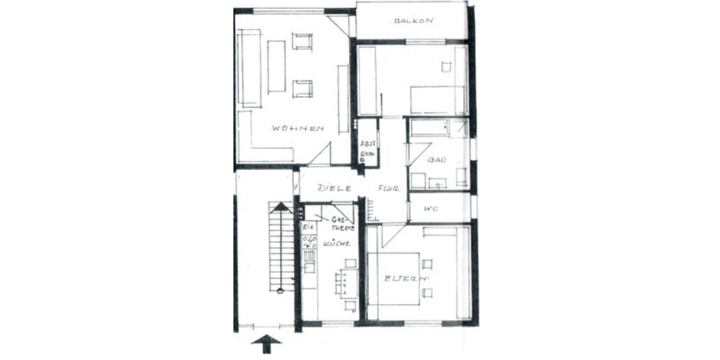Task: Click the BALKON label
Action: [x=413, y=21]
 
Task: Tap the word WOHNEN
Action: [x=298, y=128]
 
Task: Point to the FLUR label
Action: [x=389, y=188]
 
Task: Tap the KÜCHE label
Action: [x=337, y=244]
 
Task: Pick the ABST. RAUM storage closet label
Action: [x=367, y=149]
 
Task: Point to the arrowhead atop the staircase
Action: [x=280, y=208]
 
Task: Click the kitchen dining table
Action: [x=347, y=284]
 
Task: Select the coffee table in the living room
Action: [x=277, y=67]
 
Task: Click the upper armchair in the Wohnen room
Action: [x=302, y=41]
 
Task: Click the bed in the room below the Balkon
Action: [x=437, y=100]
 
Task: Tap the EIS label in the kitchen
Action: [x=307, y=229]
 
